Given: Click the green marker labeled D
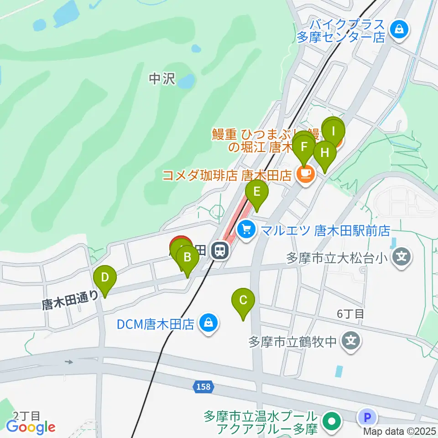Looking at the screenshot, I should point(105,277).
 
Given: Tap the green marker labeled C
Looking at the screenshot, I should point(243,300).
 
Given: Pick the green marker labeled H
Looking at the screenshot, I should point(324,153).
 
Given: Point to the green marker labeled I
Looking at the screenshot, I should point(333,131).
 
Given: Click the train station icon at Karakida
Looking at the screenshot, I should point(220,250).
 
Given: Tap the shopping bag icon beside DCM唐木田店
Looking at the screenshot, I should point(208,323).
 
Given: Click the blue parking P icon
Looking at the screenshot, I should point(368,416).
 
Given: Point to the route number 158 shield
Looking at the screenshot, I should point(203,387).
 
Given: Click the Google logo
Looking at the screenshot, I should point(31,427).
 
